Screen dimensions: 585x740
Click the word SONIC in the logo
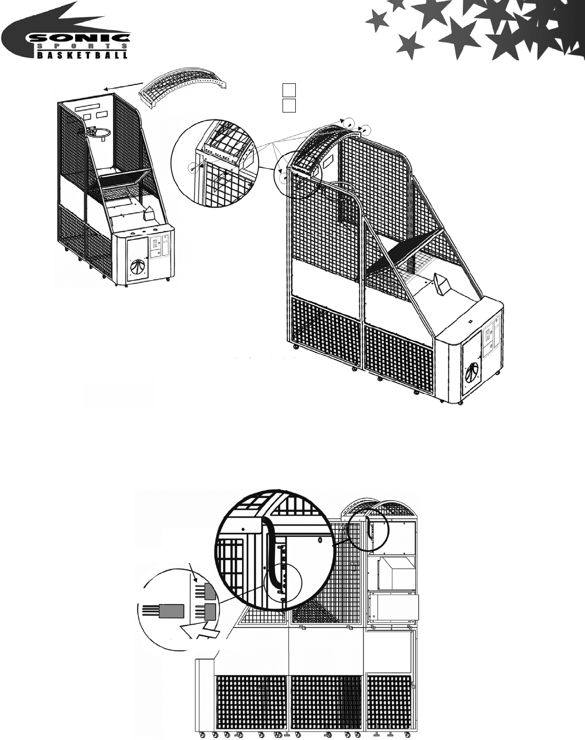tap(77, 38)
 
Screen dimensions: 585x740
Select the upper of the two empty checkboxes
tap(289, 90)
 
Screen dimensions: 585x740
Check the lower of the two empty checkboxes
tap(289, 105)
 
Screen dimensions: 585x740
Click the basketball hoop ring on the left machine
tap(99, 132)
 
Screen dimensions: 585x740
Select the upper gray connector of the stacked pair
tap(209, 591)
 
